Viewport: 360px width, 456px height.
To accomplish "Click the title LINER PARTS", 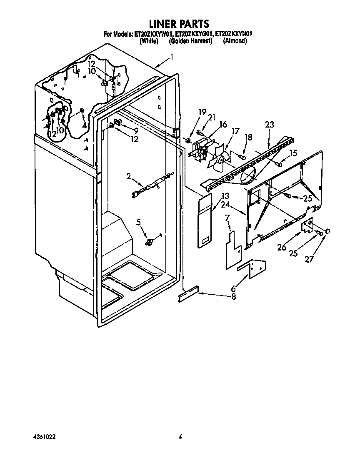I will click(x=179, y=24).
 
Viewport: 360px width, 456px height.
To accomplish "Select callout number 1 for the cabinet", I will click(x=171, y=57).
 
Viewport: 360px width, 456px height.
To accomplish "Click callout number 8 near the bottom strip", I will click(x=233, y=297).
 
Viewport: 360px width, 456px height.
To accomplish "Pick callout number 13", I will click(x=225, y=196).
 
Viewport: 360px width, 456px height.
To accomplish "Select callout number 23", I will click(x=270, y=124).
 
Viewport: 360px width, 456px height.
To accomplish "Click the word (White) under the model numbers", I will click(x=149, y=41).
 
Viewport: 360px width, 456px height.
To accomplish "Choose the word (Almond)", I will click(x=235, y=41).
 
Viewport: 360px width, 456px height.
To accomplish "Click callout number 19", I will click(x=202, y=112).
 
